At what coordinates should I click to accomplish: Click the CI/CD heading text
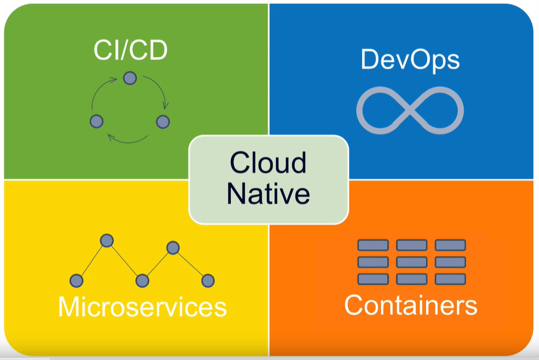(x=130, y=51)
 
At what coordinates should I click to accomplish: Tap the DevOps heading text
(x=411, y=59)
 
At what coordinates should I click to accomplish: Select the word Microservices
(x=142, y=307)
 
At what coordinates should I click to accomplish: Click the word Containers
(x=411, y=305)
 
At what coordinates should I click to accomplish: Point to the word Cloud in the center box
(x=268, y=164)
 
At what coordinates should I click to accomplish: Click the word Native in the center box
(x=268, y=194)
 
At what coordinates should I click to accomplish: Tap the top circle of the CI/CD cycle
(x=130, y=78)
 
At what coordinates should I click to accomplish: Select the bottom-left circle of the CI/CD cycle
(x=97, y=121)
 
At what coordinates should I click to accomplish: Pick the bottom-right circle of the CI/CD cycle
(x=162, y=121)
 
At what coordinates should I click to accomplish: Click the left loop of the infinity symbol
(x=381, y=109)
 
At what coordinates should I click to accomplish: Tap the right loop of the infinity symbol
(x=439, y=109)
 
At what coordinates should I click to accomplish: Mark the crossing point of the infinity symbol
(x=410, y=109)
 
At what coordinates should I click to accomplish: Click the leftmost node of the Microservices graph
(x=76, y=280)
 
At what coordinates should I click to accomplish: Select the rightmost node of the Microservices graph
(x=207, y=280)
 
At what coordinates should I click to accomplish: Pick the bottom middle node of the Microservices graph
(x=142, y=280)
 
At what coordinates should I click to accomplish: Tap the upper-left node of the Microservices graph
(x=107, y=240)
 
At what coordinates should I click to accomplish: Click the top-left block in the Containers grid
(x=373, y=245)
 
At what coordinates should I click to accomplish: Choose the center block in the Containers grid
(x=411, y=262)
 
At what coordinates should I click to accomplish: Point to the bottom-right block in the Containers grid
(x=450, y=279)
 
